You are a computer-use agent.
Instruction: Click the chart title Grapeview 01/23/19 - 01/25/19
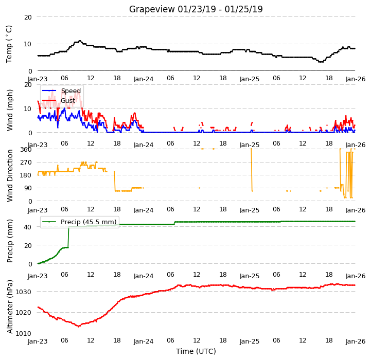point(196,9)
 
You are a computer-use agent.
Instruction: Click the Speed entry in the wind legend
point(70,91)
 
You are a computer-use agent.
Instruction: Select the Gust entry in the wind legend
point(68,100)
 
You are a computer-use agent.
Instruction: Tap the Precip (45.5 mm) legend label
point(89,222)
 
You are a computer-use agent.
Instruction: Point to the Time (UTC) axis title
point(196,351)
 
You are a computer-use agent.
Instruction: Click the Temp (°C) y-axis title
point(9,44)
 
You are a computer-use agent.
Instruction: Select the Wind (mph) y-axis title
point(9,110)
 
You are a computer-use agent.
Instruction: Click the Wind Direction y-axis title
point(10,175)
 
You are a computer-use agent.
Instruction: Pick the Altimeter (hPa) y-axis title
point(10,307)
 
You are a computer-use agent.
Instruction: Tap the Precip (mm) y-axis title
point(10,241)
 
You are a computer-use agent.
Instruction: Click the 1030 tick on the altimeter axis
point(24,292)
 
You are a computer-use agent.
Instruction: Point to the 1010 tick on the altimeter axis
point(24,333)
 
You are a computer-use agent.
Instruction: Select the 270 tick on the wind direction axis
point(26,163)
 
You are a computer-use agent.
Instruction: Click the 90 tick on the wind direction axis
point(28,188)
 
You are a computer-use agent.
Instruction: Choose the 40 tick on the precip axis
point(28,227)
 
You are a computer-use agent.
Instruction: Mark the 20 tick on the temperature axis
point(28,17)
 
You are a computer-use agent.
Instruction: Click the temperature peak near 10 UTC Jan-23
point(80,41)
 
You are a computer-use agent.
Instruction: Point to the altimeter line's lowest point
point(79,327)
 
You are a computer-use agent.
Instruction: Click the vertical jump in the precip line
point(68,237)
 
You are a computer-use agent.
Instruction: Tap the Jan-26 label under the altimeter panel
point(356,341)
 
